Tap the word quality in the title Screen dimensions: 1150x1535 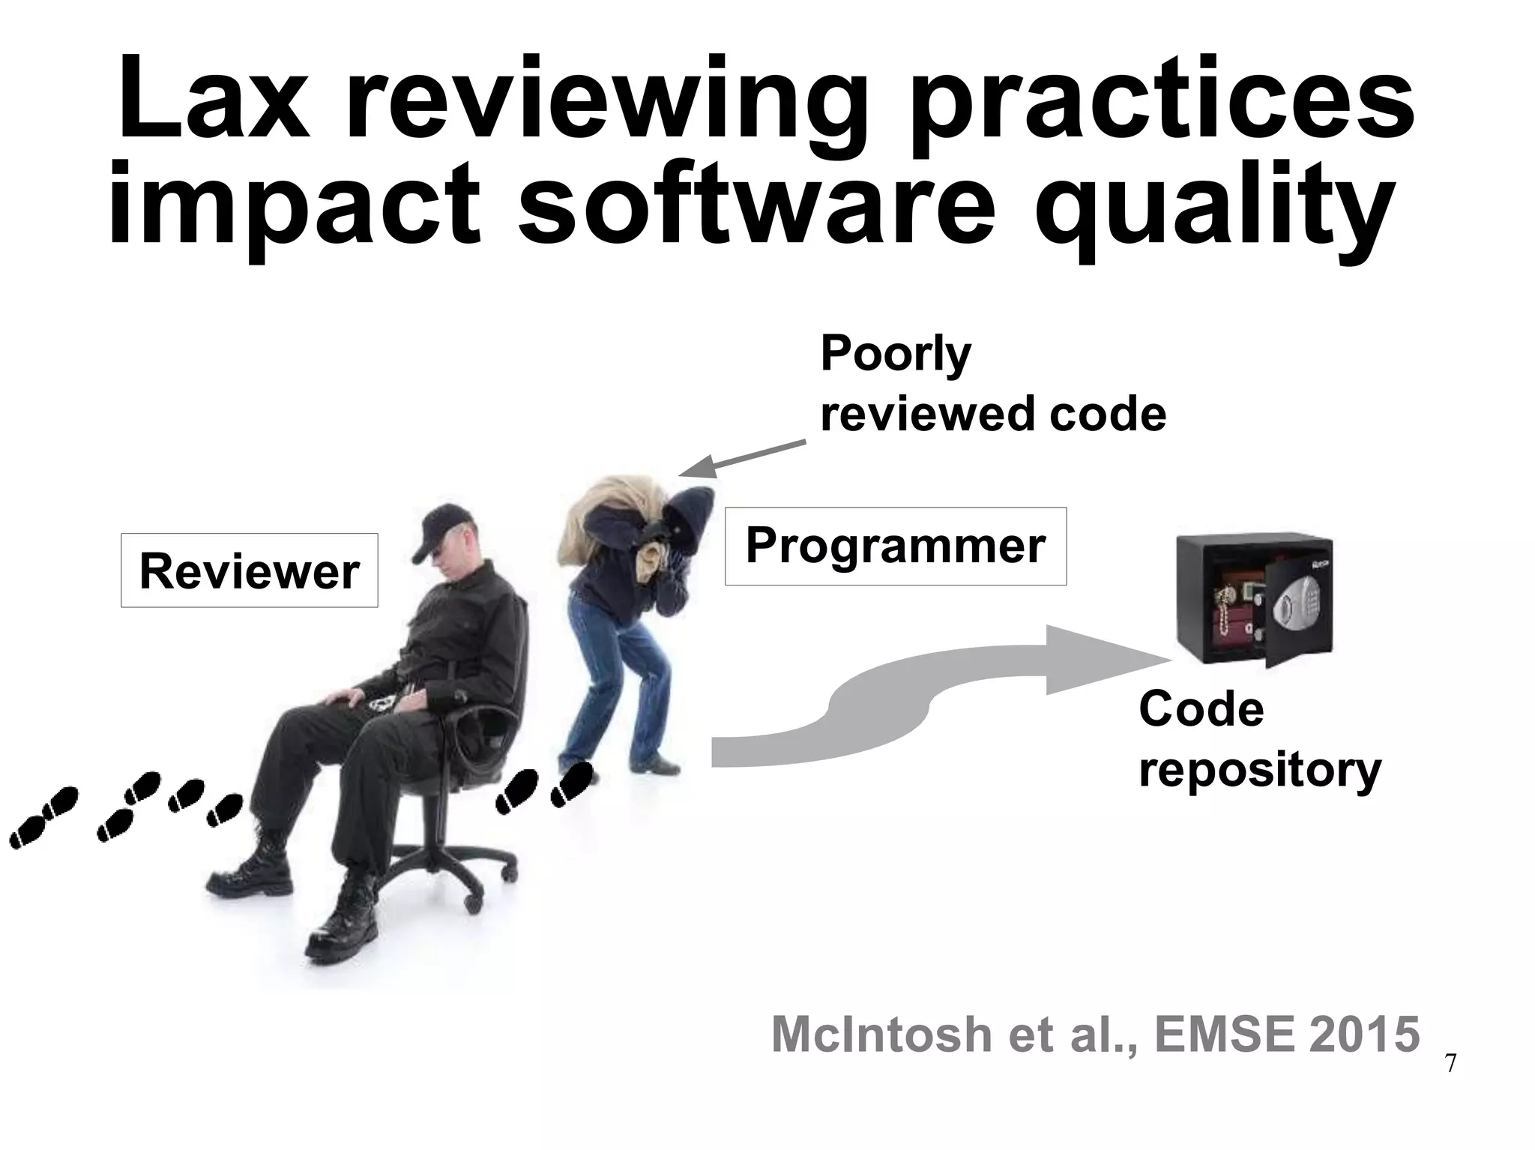coord(1214,206)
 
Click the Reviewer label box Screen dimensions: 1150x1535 coord(249,571)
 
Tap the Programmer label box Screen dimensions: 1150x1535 coord(895,546)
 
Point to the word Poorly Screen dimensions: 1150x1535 coord(895,354)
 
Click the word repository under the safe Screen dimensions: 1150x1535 coord(1259,771)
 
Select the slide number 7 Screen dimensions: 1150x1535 coord(1450,1064)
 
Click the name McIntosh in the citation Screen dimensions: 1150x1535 coord(881,1035)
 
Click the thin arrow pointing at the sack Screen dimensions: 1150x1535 coord(742,458)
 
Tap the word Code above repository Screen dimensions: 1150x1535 coord(1201,709)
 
